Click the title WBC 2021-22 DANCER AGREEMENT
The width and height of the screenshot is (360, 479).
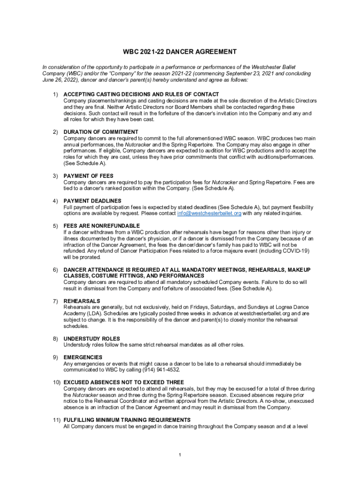click(x=180, y=52)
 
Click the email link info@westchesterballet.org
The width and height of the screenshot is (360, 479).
click(x=209, y=213)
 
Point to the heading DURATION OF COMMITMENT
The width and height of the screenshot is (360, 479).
click(x=101, y=132)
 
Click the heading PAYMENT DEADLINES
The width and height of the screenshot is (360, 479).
click(x=92, y=201)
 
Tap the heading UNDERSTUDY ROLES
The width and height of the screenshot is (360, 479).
click(x=92, y=339)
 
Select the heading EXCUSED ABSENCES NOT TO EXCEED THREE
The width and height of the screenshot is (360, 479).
click(x=124, y=382)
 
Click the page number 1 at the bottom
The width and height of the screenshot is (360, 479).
click(x=180, y=455)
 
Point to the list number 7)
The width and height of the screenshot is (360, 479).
click(x=55, y=301)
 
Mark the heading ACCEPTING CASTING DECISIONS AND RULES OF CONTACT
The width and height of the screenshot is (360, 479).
click(x=141, y=94)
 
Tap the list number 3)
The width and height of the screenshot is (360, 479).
click(x=55, y=176)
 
